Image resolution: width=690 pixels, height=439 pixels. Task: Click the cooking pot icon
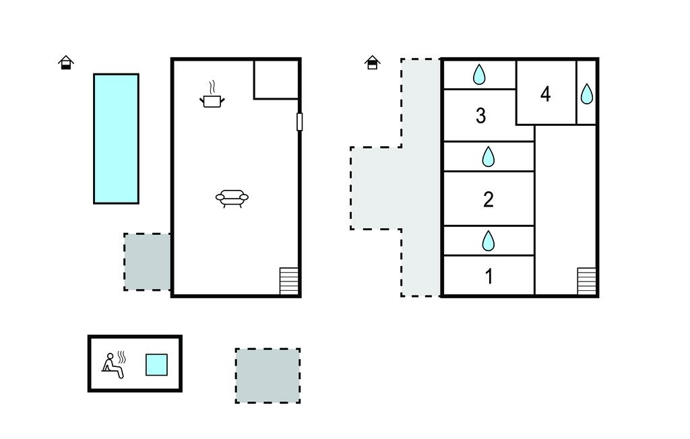[212, 94]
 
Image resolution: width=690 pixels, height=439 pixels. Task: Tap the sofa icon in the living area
[232, 199]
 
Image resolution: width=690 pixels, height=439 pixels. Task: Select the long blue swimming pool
[116, 139]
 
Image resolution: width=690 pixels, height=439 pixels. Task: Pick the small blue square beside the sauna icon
[156, 365]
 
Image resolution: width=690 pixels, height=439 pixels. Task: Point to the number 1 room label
[489, 276]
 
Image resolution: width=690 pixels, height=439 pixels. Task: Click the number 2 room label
[489, 199]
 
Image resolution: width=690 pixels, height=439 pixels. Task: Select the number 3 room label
[481, 115]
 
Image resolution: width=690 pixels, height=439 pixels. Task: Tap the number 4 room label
[546, 94]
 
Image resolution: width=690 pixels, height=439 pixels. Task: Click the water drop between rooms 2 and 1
[489, 240]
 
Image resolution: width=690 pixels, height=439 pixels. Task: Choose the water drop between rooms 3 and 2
[489, 157]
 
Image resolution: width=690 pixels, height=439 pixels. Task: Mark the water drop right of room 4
[587, 94]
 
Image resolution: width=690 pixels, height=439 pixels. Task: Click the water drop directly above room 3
[479, 74]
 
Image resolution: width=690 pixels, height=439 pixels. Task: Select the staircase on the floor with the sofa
[289, 281]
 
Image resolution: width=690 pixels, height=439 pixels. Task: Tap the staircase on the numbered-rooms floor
[587, 281]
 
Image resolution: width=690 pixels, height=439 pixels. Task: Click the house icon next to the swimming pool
[66, 63]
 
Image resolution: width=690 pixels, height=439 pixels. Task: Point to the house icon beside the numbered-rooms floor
[372, 63]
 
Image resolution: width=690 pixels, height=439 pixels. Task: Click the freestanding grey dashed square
[268, 376]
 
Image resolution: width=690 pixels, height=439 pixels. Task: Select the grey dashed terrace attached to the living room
[148, 262]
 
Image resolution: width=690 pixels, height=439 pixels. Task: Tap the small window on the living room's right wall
[300, 122]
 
